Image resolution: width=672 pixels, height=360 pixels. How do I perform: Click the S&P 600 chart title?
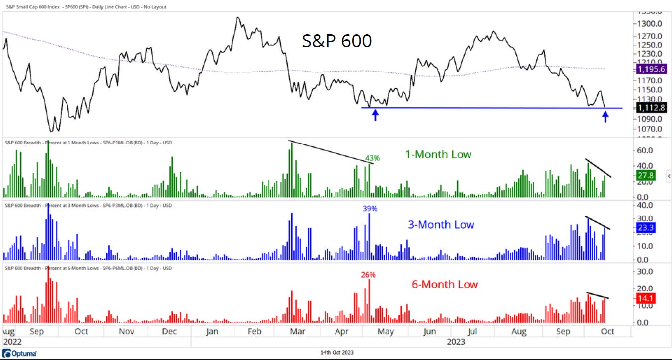337,41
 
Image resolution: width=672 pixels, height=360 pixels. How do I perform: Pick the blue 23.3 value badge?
645,228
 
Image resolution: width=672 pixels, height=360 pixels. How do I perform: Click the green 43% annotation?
372,158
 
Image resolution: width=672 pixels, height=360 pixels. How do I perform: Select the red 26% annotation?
368,274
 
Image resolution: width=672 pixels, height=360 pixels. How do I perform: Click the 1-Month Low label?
438,155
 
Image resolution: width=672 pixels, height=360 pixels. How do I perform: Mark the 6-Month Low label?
445,285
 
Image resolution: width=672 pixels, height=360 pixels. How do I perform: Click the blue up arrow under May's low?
376,116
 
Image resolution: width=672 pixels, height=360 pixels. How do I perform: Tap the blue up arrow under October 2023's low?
605,117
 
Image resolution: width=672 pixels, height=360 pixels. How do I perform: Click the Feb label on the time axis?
254,331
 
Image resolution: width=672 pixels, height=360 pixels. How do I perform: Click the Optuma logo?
16,354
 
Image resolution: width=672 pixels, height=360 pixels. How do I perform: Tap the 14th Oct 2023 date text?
336,353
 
